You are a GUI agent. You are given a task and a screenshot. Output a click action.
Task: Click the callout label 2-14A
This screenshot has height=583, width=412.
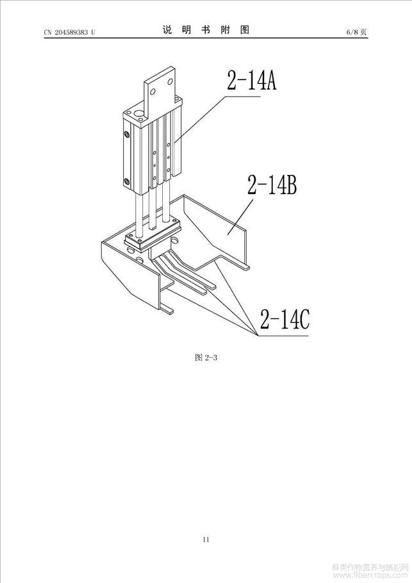pos(252,80)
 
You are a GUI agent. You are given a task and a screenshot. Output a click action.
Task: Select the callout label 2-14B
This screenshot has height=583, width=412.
pos(272,185)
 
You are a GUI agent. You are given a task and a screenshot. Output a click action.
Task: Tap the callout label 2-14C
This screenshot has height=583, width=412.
pos(284,319)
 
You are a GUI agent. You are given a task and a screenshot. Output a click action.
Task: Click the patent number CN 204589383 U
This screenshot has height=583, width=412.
pos(70,32)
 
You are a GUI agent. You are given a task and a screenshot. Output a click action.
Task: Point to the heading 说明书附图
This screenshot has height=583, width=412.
pos(206,30)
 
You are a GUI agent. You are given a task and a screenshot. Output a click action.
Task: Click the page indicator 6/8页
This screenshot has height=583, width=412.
pos(357,32)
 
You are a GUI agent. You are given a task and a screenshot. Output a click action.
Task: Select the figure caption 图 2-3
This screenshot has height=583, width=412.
pos(206,357)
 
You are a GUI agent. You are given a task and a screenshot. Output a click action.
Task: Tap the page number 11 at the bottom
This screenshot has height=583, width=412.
pos(206,539)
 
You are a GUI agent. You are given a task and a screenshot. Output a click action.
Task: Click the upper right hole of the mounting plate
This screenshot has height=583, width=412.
pos(170,81)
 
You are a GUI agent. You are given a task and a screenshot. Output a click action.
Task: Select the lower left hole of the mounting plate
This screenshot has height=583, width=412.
pos(152,92)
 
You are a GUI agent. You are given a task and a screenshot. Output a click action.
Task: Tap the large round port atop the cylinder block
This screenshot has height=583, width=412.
pos(140,113)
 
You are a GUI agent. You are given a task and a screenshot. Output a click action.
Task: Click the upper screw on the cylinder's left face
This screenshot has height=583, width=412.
pos(127,133)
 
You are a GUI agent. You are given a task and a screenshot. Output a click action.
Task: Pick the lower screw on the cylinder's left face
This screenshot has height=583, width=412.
pos(127,181)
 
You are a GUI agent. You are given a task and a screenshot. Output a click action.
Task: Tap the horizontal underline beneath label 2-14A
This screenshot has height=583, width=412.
pos(242,96)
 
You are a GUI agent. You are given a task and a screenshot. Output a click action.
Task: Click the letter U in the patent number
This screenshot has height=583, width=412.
pos(93,32)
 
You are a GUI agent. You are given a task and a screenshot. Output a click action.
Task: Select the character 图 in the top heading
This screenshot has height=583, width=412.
pos(245,30)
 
